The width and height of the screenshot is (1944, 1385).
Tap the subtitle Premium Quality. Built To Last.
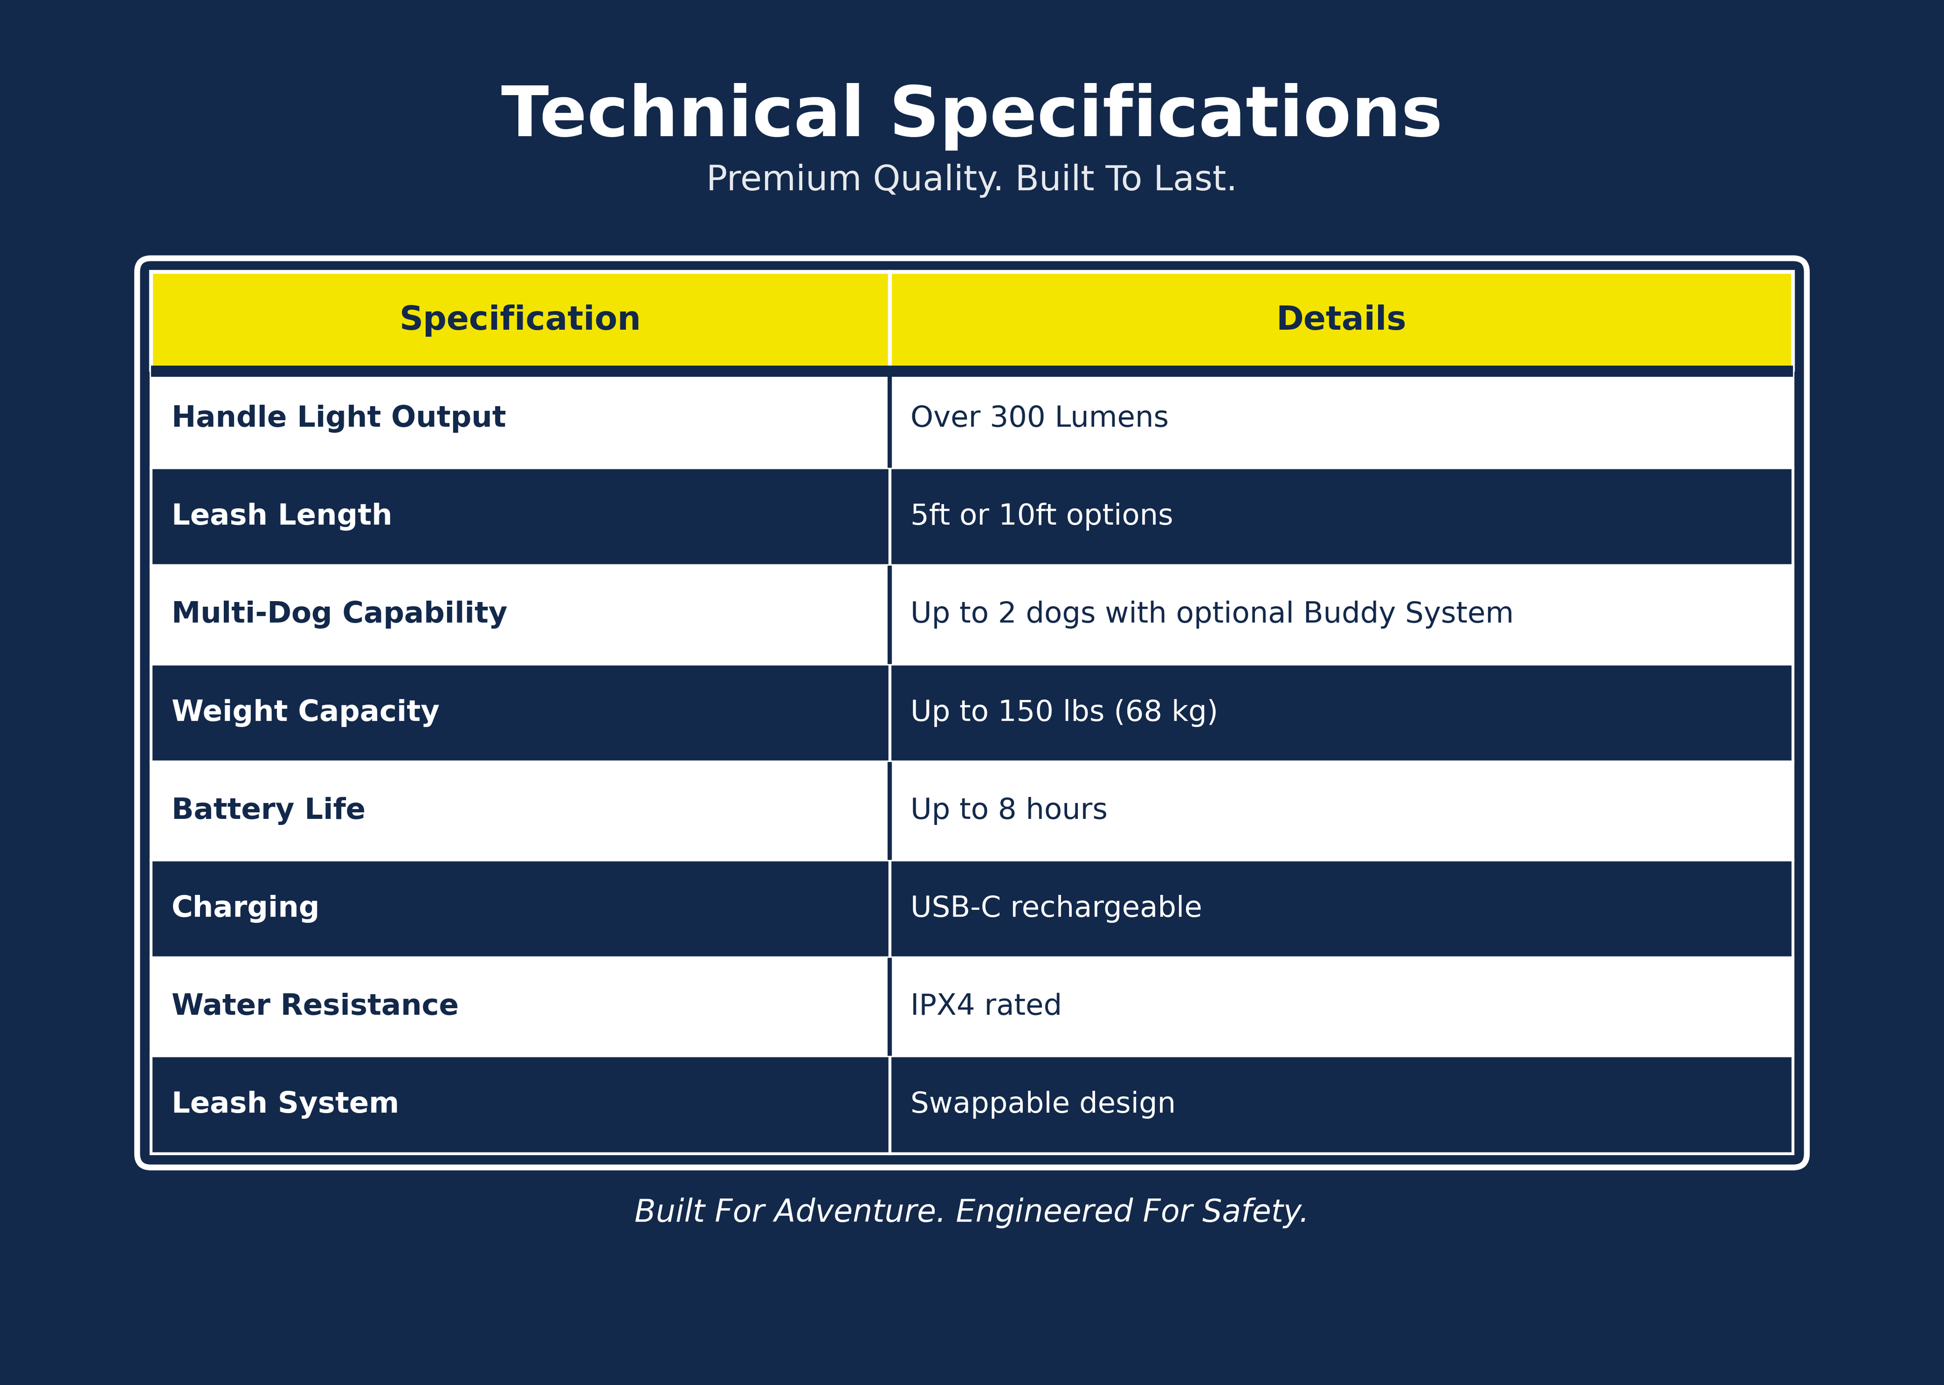tap(971, 180)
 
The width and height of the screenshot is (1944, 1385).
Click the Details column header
tap(1341, 319)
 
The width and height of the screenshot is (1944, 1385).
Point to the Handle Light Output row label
tap(339, 418)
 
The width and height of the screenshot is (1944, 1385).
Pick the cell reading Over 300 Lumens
tap(1039, 417)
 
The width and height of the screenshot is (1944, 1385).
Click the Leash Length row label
tap(281, 516)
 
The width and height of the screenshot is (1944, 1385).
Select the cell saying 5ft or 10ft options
tap(1041, 516)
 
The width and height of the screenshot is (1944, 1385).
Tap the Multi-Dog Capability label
tap(339, 614)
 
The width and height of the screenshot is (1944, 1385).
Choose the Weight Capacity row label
tap(305, 712)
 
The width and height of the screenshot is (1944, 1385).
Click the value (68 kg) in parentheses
tap(1166, 711)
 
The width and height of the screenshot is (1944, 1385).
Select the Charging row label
tap(246, 908)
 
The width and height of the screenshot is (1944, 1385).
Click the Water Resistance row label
tap(314, 1006)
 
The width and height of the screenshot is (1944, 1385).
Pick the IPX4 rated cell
tap(986, 1006)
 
